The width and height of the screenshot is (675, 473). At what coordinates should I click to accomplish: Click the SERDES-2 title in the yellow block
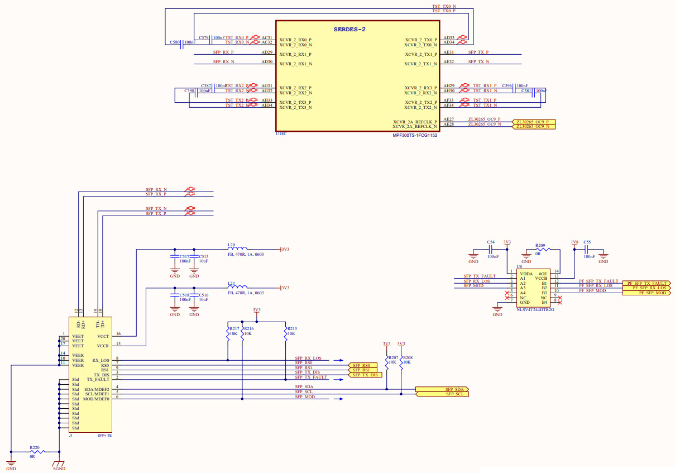click(350, 29)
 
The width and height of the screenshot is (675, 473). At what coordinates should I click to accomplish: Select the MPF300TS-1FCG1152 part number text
click(415, 135)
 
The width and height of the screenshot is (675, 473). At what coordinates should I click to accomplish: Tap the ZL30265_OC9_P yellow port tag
click(535, 122)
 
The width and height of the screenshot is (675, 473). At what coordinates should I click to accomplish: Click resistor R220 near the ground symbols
click(35, 451)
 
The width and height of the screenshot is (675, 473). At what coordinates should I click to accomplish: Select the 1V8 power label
click(574, 242)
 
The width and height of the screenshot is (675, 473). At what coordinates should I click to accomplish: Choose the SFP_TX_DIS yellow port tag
click(365, 375)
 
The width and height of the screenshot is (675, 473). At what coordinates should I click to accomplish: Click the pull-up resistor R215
click(285, 334)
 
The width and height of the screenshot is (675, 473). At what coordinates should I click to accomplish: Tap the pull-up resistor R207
click(386, 362)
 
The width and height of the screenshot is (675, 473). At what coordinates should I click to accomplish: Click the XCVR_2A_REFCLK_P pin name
click(415, 122)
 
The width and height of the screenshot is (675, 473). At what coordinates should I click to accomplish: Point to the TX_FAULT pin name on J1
click(98, 379)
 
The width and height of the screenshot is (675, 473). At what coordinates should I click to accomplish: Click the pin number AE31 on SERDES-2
click(448, 52)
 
